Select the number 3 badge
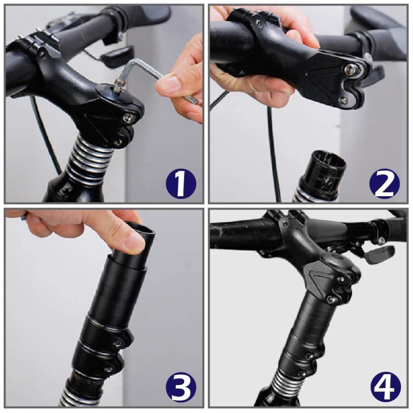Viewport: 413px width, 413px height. tap(181, 387)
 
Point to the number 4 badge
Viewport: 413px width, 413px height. tap(385, 387)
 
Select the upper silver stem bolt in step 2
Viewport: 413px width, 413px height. tap(349, 70)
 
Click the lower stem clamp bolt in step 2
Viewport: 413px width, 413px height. tap(343, 100)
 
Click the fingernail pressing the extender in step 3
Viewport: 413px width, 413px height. tap(135, 242)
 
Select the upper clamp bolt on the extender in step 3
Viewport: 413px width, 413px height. tap(118, 343)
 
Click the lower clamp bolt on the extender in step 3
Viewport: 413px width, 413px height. tap(108, 369)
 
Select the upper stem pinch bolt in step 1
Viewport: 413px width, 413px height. tap(128, 118)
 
